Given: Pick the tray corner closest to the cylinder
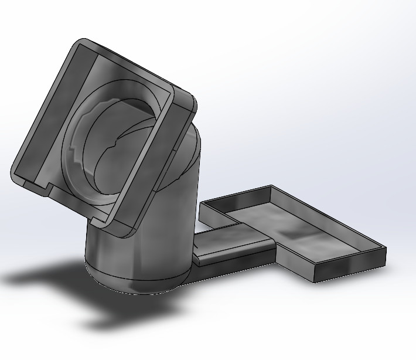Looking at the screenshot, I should tap(202, 204).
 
